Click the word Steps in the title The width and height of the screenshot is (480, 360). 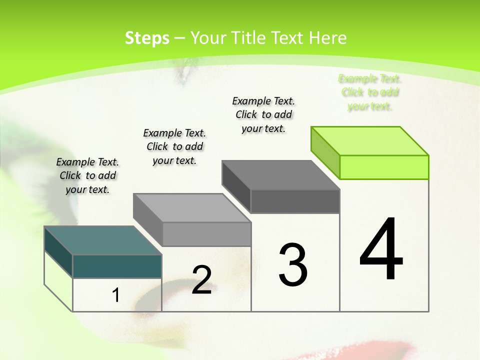click(x=147, y=38)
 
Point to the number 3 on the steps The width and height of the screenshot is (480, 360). click(x=293, y=264)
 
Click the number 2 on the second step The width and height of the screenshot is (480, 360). click(x=201, y=280)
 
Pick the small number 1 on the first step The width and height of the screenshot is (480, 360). click(x=116, y=295)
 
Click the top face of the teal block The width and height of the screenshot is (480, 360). click(x=102, y=240)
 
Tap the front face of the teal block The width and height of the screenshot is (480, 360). click(x=117, y=266)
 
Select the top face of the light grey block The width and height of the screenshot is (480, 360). click(x=192, y=208)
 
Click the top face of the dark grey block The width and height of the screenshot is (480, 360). click(x=280, y=175)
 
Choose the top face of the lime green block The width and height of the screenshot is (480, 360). click(x=370, y=141)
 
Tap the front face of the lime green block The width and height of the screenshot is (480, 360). click(x=384, y=167)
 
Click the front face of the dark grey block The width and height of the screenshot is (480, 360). click(x=295, y=201)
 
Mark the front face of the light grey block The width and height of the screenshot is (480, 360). click(x=206, y=234)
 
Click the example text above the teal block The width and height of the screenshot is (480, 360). click(x=87, y=175)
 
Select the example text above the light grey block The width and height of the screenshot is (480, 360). click(x=174, y=146)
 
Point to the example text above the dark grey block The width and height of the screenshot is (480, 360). click(x=263, y=114)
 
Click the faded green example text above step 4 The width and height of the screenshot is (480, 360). click(x=370, y=92)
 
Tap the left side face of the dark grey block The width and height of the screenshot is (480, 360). click(x=236, y=186)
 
